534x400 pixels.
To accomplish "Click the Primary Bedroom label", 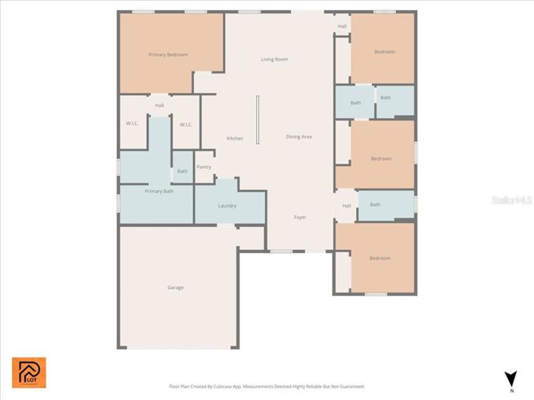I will coord(168,55).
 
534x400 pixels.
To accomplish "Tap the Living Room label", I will coord(274,59).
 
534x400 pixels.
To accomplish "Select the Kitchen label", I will coord(235,138).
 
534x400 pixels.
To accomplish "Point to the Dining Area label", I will coord(298,136).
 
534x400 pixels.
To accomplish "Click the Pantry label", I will coord(204,167).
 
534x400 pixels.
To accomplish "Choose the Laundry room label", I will coord(227,205).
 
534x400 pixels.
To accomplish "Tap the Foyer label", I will coord(301,217).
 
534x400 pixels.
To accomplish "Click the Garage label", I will coord(175,287).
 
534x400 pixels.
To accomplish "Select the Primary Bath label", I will coord(159,191).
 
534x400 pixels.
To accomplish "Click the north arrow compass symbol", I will coord(511,378).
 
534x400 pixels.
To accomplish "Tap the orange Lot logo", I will coord(29,372).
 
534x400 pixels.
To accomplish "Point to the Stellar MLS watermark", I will coord(512,200).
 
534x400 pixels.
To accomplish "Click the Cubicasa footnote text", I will coord(267,386).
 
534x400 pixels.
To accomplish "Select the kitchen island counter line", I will coord(258,119).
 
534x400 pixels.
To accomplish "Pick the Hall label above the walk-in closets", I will coord(159,105).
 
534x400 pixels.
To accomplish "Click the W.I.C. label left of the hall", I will coord(133,124).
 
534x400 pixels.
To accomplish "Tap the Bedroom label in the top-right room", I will coord(384,52).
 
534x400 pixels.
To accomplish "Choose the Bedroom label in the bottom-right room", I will coord(379,258).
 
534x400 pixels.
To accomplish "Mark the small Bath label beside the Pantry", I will coord(183,171).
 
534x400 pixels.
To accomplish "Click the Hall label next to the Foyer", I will coord(346,205).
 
